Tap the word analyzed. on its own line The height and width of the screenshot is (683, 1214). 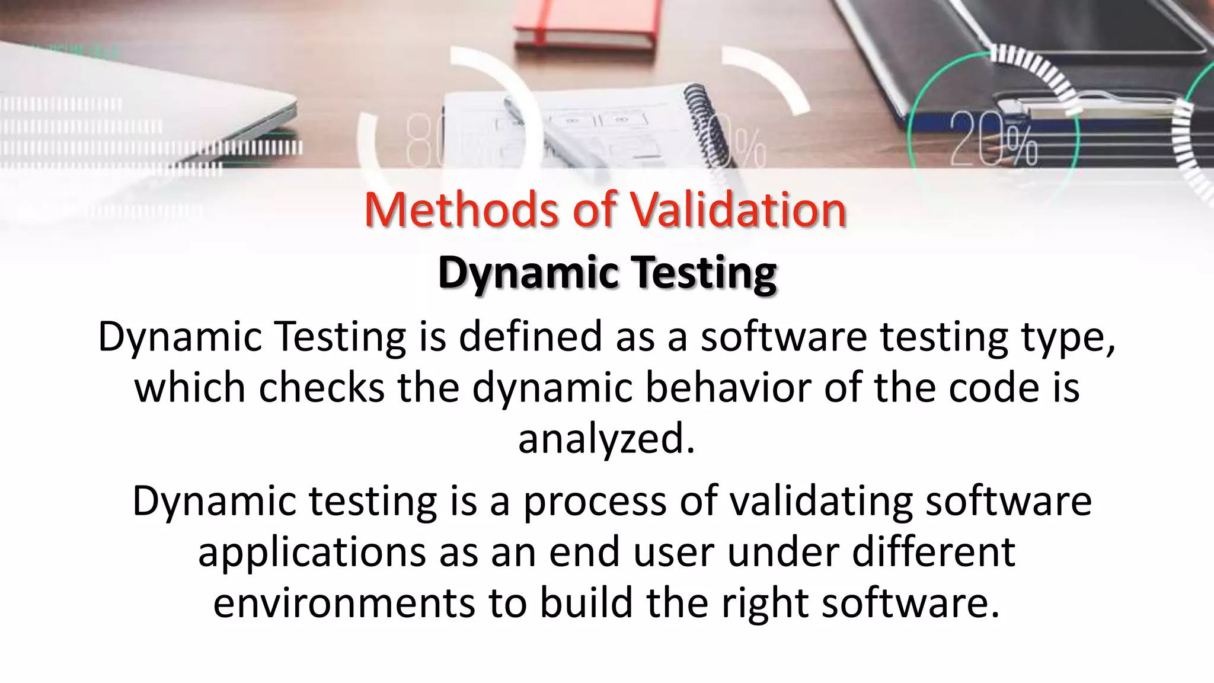[606, 439]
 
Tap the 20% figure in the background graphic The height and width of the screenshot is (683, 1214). [993, 139]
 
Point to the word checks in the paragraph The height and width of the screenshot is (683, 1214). [321, 387]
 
